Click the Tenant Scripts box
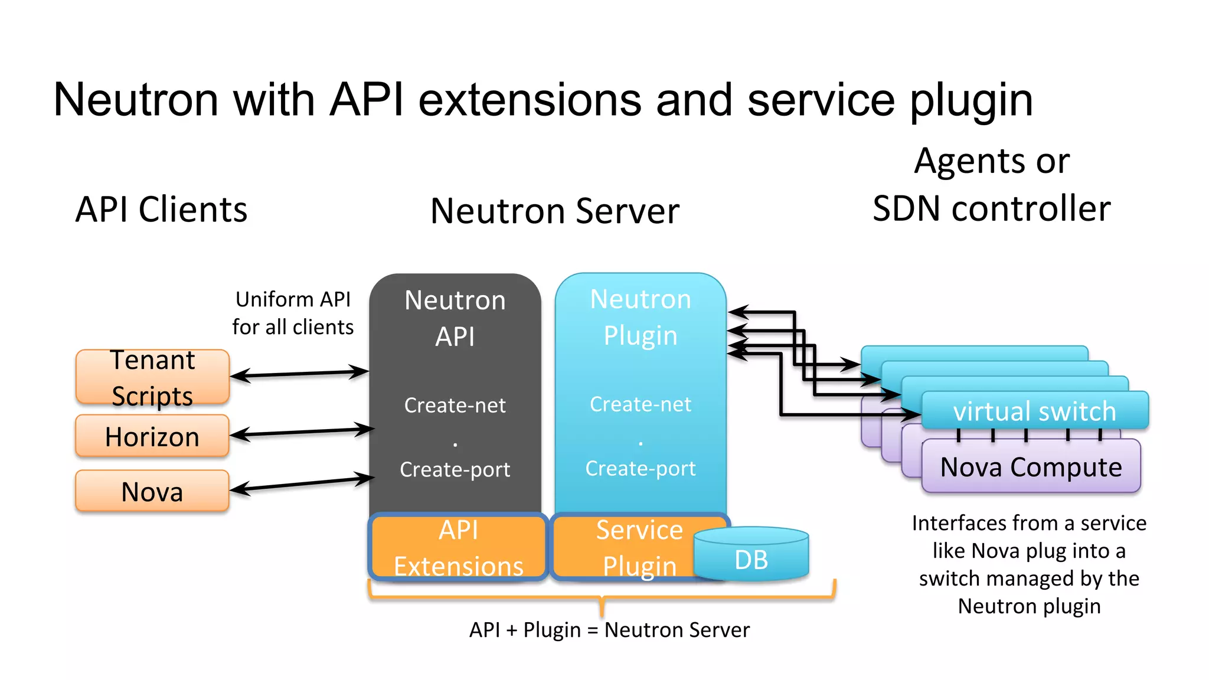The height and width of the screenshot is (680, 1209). (x=152, y=377)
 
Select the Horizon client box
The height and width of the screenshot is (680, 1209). (x=152, y=437)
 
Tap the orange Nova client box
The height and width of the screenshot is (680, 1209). (x=152, y=491)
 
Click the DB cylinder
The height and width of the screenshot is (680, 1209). (x=751, y=558)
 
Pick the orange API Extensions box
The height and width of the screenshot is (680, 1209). (x=458, y=547)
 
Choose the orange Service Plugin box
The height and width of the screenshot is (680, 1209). (x=626, y=547)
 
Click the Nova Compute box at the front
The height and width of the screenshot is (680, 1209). (x=1031, y=467)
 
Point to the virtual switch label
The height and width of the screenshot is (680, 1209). (x=1034, y=411)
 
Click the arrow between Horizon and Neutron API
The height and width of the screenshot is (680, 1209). (x=302, y=433)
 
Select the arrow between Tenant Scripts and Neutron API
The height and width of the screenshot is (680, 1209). (x=299, y=374)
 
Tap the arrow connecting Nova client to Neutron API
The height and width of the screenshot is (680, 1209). (x=302, y=483)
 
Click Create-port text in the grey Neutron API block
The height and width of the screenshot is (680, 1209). (x=455, y=469)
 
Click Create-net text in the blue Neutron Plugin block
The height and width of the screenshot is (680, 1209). (x=640, y=404)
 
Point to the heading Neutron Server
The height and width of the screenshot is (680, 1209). (x=555, y=211)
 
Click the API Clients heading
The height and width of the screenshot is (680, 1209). (x=161, y=210)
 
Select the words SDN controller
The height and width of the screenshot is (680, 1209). (x=992, y=208)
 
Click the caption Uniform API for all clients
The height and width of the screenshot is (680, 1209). (x=293, y=313)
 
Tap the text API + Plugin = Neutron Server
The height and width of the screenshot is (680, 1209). (x=609, y=630)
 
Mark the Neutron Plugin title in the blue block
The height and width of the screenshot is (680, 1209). (x=641, y=317)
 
